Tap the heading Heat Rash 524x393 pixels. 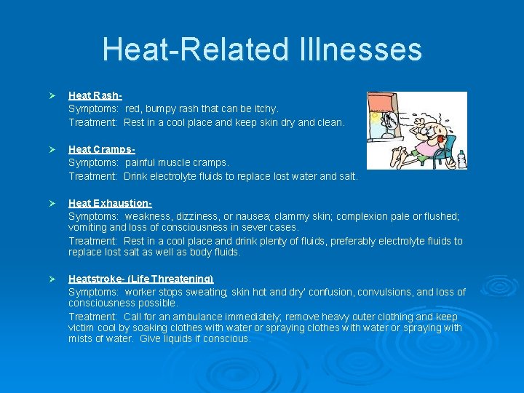(x=95, y=95)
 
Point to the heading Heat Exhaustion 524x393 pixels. (x=109, y=204)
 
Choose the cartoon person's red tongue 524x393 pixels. (x=440, y=138)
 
